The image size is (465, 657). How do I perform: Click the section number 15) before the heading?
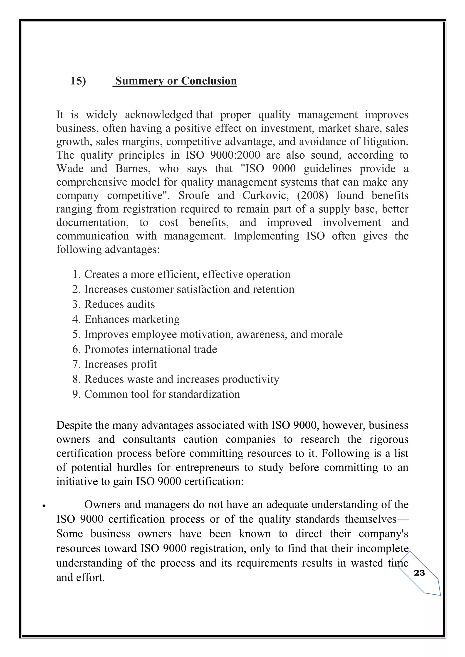pyautogui.click(x=78, y=81)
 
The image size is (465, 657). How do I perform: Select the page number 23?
pyautogui.click(x=419, y=573)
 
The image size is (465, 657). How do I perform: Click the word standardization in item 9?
pyautogui.click(x=204, y=394)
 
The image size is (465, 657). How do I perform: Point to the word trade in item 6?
pyautogui.click(x=205, y=349)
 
